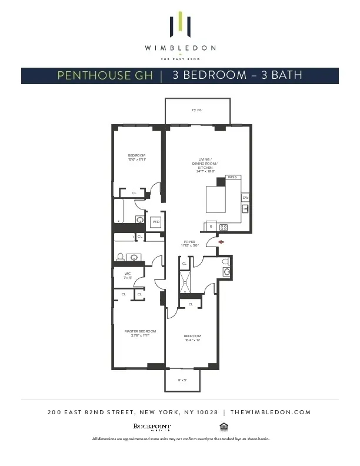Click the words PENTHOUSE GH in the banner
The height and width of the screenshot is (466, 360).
click(105, 75)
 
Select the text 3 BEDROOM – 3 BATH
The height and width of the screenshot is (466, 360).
click(238, 75)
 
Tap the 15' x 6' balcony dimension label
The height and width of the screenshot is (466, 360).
click(196, 110)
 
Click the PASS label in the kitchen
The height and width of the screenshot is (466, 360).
click(232, 177)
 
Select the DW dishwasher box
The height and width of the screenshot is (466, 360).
click(245, 198)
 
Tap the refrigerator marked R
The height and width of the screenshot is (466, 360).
click(210, 227)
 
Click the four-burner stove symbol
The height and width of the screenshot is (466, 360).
click(224, 227)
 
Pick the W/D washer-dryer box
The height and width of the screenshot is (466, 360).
click(156, 222)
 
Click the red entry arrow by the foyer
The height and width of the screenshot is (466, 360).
click(221, 241)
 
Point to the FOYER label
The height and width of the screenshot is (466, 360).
click(189, 243)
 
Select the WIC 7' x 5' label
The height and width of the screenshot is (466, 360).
click(128, 275)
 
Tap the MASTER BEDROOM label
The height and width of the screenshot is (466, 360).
click(140, 333)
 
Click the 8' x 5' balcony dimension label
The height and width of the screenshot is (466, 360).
click(182, 380)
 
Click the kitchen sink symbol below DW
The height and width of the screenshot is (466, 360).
click(245, 209)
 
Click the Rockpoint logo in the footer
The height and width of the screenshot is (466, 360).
click(152, 427)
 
